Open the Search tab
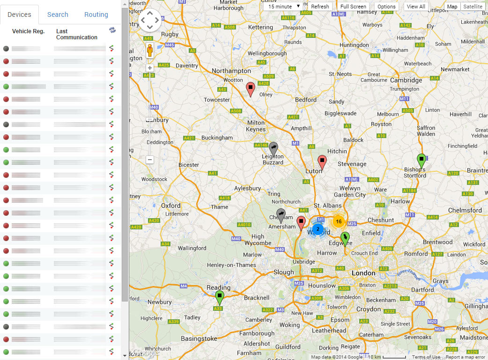pos(58,15)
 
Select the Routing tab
pos(96,15)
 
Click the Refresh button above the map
pos(320,7)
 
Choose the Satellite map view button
pos(473,7)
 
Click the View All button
pos(415,7)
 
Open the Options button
pos(386,7)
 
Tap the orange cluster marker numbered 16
pos(339,222)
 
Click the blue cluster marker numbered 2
pos(318,229)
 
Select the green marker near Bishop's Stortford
pos(421,160)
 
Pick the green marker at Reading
pos(219,297)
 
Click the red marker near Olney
pos(251,88)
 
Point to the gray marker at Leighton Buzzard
pos(274,147)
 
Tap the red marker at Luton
pos(322,161)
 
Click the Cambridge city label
pos(406,80)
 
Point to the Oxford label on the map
pos(170,206)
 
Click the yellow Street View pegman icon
pos(150,50)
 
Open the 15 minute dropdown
pos(284,7)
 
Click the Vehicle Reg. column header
pos(28,31)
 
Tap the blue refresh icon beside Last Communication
pos(112,30)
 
